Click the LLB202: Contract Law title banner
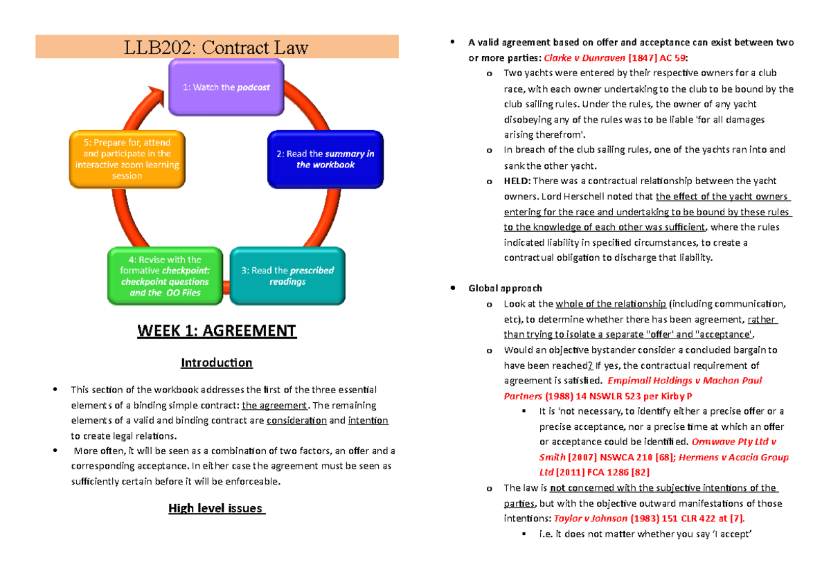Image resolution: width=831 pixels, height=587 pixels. [x=217, y=47]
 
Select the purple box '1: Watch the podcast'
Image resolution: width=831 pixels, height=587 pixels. [x=226, y=87]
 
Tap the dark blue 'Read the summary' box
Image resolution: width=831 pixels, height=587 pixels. [x=325, y=159]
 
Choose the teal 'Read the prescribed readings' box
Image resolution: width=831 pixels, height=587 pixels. [x=287, y=276]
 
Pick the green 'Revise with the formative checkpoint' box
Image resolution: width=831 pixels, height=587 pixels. [x=165, y=276]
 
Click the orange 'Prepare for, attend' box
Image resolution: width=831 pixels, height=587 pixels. [x=127, y=159]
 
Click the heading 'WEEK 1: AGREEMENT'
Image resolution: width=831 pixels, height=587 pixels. [x=217, y=331]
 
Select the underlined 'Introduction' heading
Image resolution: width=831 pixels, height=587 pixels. [x=217, y=363]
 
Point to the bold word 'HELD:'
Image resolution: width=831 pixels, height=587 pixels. [x=517, y=181]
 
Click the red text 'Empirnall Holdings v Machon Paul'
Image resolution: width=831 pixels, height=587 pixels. [x=684, y=380]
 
